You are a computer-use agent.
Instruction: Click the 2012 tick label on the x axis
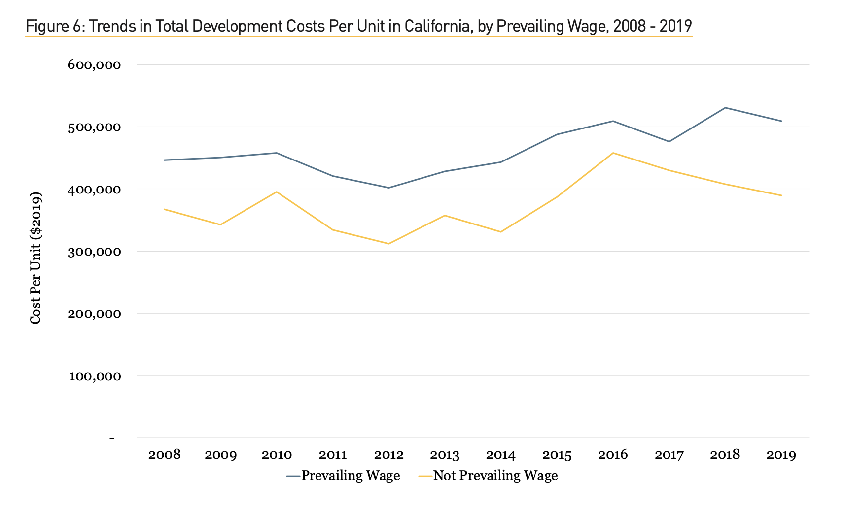pos(389,455)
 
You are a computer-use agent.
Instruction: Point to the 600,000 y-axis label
pos(94,65)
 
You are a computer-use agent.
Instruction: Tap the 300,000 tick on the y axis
pos(94,252)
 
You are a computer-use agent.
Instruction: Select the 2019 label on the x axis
pos(781,455)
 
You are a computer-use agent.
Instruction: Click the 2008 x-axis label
pos(165,455)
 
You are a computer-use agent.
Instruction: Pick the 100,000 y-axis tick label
pos(94,376)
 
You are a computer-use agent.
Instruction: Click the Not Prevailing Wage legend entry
pos(495,476)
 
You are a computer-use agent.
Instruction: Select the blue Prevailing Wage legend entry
pos(350,476)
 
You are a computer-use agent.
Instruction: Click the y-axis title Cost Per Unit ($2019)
pos(35,258)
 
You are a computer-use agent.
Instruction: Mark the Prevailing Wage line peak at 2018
pos(725,108)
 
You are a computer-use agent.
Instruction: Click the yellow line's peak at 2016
pos(613,153)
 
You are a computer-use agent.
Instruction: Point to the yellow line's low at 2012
pos(389,244)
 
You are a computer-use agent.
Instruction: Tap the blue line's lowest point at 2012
pos(389,188)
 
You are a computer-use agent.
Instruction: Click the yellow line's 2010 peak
pos(277,192)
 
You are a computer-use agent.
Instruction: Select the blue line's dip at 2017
pos(669,142)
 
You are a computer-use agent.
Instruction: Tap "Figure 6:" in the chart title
pos(55,26)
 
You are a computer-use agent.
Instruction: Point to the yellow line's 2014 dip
pos(501,232)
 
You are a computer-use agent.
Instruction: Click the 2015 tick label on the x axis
pos(557,455)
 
